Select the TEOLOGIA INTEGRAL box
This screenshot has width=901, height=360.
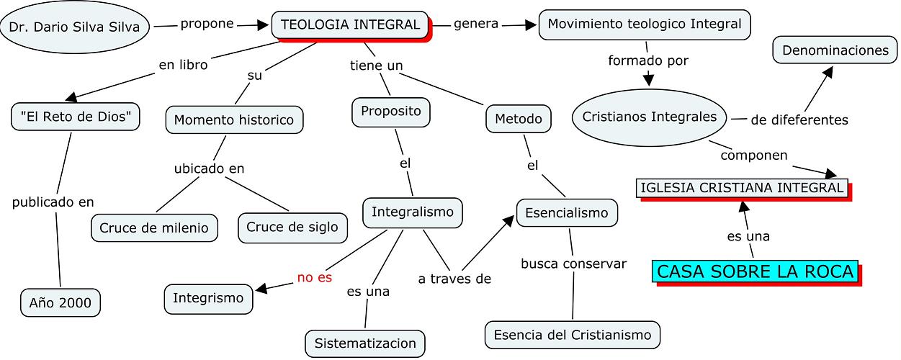click(350, 24)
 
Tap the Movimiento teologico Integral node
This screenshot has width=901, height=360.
click(645, 24)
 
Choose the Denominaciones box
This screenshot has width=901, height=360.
click(835, 50)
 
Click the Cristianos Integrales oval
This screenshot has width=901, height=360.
click(650, 117)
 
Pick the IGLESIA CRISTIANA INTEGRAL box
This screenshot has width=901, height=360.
click(742, 187)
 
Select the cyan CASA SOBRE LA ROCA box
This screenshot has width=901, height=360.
click(756, 271)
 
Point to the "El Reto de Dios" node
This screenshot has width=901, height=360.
click(76, 116)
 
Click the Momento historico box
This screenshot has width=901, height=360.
click(234, 120)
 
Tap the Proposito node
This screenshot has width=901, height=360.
click(391, 112)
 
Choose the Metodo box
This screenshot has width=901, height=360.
click(519, 118)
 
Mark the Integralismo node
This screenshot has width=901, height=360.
click(413, 212)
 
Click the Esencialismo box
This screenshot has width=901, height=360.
click(567, 212)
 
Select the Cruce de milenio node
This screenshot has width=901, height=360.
click(154, 228)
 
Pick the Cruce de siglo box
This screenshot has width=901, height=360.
click(292, 227)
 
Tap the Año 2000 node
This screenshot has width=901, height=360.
click(60, 303)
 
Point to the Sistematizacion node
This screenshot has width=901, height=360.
click(365, 343)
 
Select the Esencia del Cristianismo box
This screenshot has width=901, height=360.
click(572, 335)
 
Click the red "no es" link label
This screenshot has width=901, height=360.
click(315, 277)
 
